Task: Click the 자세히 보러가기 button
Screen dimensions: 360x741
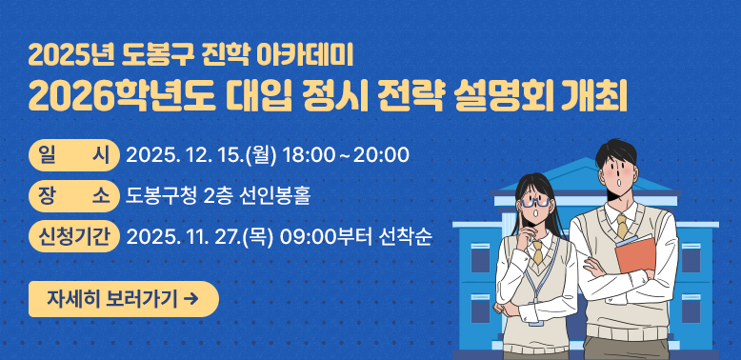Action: pos(124,299)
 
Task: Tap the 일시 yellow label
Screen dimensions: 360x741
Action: pos(74,154)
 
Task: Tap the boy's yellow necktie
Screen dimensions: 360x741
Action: pos(621,226)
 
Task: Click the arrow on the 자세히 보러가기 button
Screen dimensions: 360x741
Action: pos(192,299)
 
